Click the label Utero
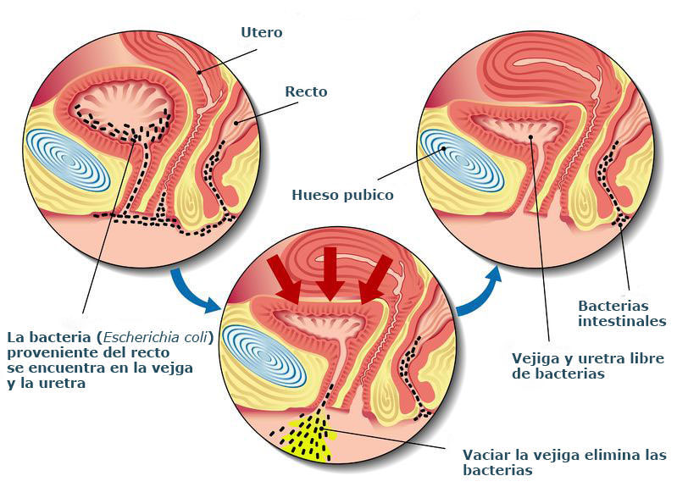(x=261, y=33)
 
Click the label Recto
(x=305, y=91)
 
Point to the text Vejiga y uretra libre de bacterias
(x=588, y=366)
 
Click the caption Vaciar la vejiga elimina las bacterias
(x=564, y=462)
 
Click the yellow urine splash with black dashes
(x=308, y=437)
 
